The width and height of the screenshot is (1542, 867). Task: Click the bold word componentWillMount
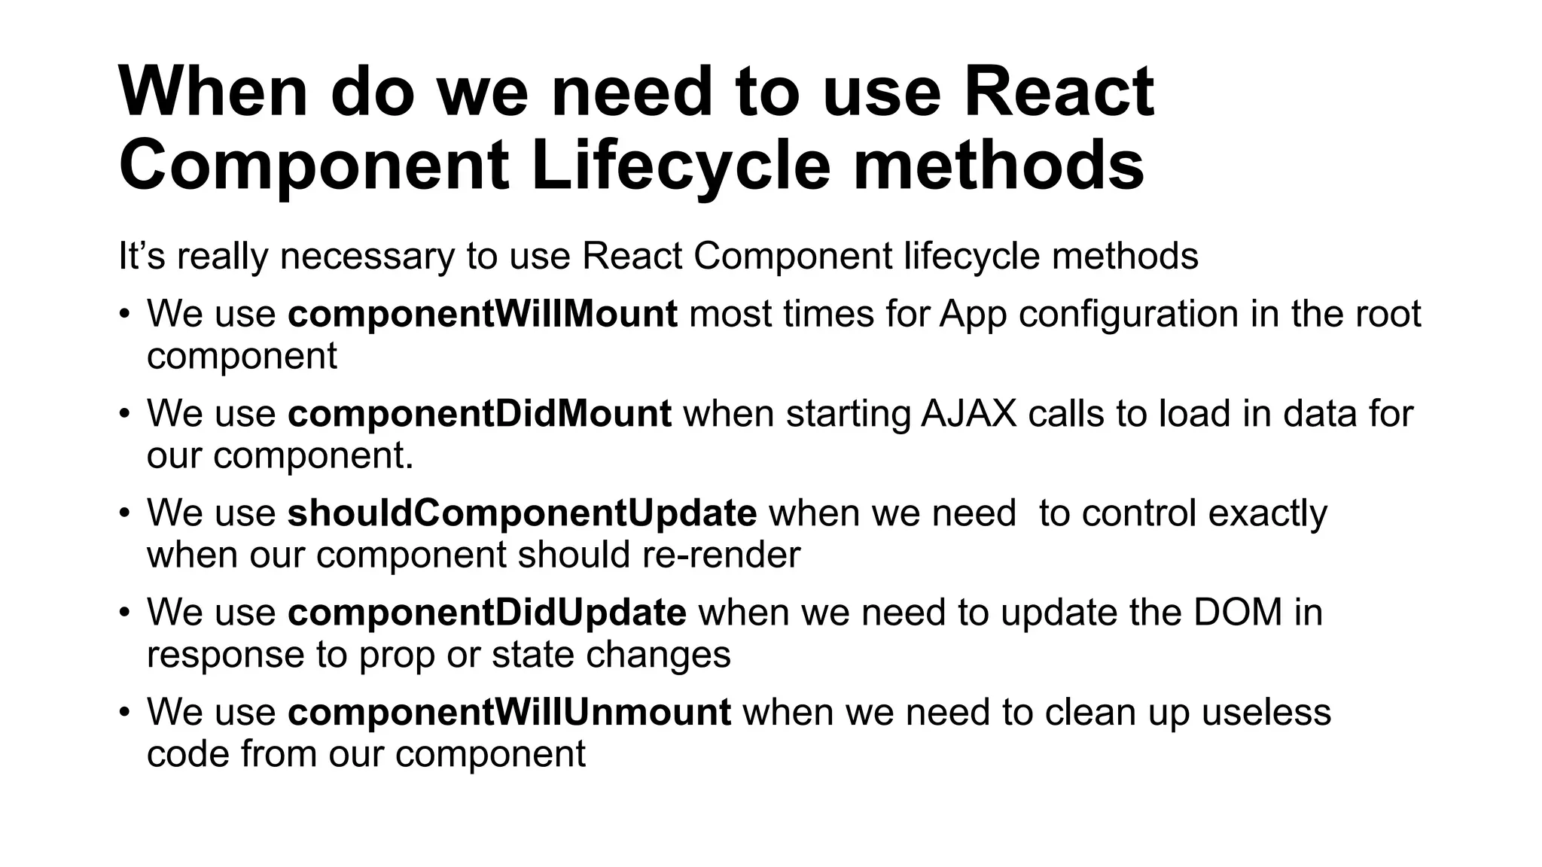482,315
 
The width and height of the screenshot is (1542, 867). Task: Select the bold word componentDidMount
479,414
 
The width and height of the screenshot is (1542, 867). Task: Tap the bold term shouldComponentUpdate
522,513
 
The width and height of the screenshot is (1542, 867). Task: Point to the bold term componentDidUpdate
486,613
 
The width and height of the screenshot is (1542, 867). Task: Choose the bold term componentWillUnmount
509,712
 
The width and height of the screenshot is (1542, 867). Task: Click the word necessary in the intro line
367,257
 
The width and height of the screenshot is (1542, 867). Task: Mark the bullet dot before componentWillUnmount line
125,712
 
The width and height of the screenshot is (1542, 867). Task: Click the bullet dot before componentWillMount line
125,315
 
